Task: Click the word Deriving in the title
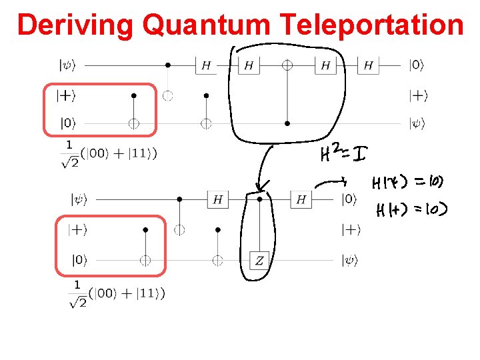click(x=76, y=25)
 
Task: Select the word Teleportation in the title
click(x=372, y=25)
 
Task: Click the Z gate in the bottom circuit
click(x=259, y=260)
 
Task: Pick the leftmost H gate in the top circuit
click(x=206, y=65)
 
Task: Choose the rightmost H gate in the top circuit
click(x=368, y=65)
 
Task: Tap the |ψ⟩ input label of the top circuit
click(x=68, y=65)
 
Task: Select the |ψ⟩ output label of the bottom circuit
click(x=350, y=261)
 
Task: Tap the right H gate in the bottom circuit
click(x=301, y=199)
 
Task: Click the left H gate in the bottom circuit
click(x=217, y=199)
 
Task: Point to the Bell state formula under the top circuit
click(x=111, y=153)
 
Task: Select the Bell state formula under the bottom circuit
click(x=117, y=293)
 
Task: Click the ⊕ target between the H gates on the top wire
click(x=287, y=65)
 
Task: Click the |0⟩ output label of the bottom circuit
click(x=349, y=199)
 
